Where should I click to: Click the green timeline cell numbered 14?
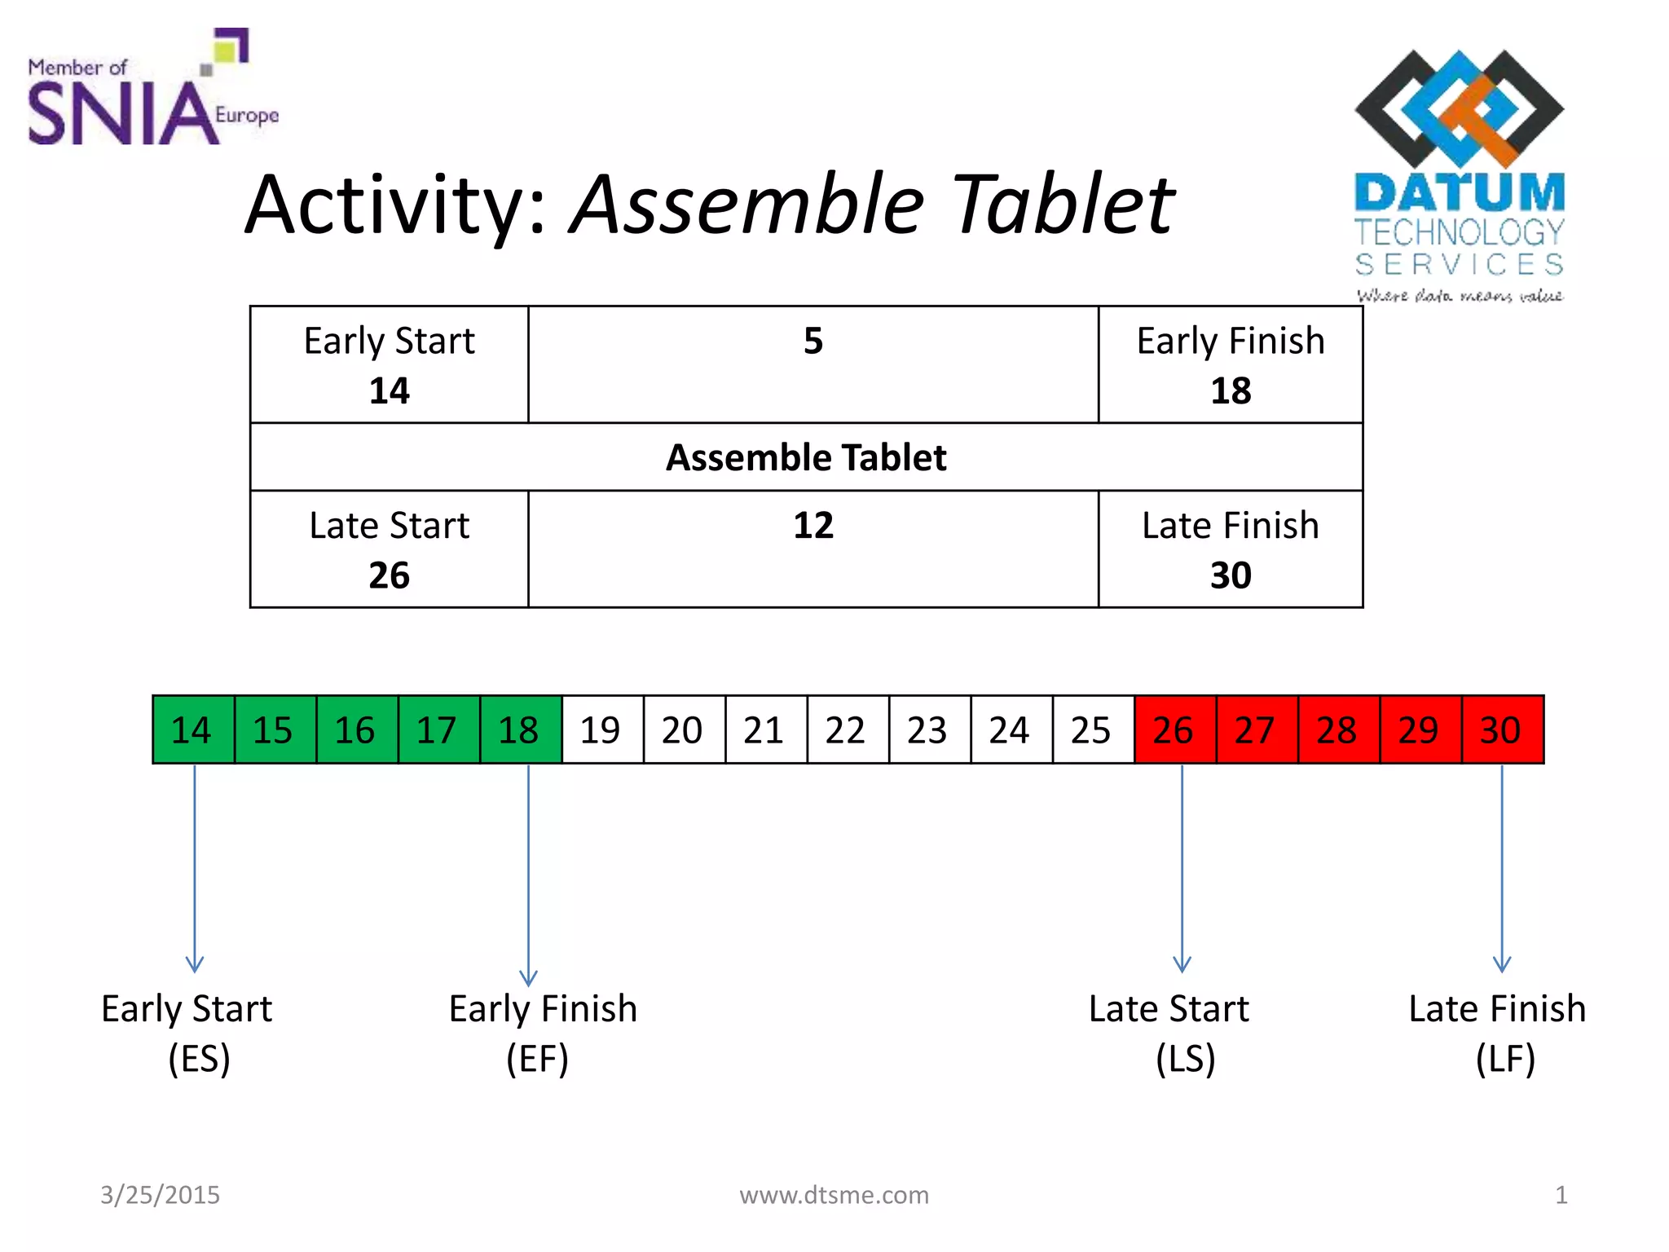pyautogui.click(x=193, y=730)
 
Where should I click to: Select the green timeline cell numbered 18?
pyautogui.click(x=521, y=730)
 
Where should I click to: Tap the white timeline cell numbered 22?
pyautogui.click(x=848, y=730)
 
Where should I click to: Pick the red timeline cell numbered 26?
pyautogui.click(x=1175, y=730)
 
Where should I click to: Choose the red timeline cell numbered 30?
pyautogui.click(x=1502, y=730)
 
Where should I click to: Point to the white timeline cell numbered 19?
pyautogui.click(x=602, y=730)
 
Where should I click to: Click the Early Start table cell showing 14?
pyautogui.click(x=389, y=365)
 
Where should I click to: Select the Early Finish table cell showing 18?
pyautogui.click(x=1230, y=365)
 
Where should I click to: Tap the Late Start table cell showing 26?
pyautogui.click(x=389, y=549)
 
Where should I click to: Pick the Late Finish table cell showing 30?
pyautogui.click(x=1230, y=549)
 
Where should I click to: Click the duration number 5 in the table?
pyautogui.click(x=812, y=341)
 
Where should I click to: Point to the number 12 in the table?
pyautogui.click(x=812, y=526)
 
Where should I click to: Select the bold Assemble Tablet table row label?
pyautogui.click(x=806, y=457)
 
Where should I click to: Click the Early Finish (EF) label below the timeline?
pyautogui.click(x=542, y=1033)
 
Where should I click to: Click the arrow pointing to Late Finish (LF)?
pyautogui.click(x=1501, y=868)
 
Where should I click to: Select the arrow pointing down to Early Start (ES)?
pyautogui.click(x=194, y=868)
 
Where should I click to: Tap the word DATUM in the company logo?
pyautogui.click(x=1460, y=192)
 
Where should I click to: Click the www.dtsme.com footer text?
pyautogui.click(x=834, y=1195)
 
